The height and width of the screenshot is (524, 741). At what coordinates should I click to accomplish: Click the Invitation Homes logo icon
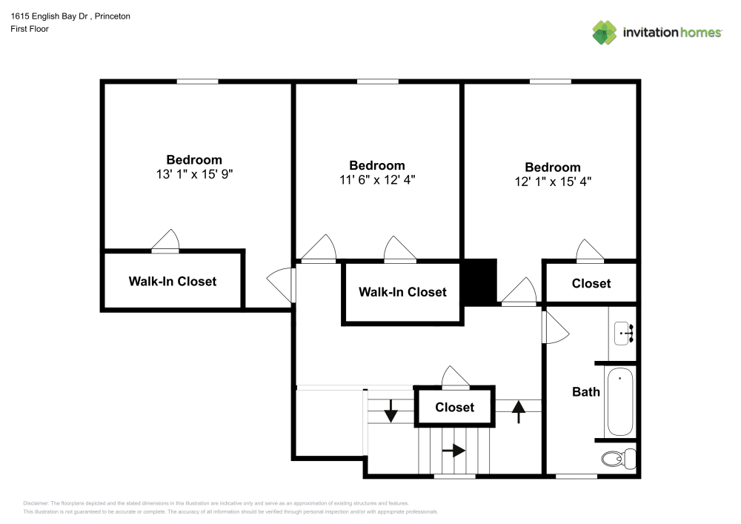(x=605, y=32)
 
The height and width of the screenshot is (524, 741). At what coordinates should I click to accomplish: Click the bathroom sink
(x=623, y=334)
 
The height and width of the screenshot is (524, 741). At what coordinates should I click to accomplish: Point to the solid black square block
(x=479, y=282)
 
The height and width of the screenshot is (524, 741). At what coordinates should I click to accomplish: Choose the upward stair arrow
(x=518, y=410)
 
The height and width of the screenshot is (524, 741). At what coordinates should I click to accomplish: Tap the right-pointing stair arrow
(x=453, y=450)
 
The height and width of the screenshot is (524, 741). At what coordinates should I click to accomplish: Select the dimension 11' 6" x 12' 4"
(x=377, y=180)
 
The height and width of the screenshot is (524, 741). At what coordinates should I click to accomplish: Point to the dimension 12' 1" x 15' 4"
(x=553, y=182)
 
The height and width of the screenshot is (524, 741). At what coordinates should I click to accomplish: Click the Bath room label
(x=586, y=391)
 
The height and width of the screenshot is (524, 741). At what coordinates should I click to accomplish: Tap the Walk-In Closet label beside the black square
(x=402, y=292)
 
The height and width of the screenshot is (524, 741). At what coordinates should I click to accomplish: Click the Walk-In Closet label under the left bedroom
(x=173, y=281)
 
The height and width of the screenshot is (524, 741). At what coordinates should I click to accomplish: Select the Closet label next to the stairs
(x=454, y=407)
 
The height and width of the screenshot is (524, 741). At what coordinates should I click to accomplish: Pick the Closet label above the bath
(x=591, y=283)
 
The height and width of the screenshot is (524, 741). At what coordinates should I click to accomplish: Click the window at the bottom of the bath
(x=576, y=476)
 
